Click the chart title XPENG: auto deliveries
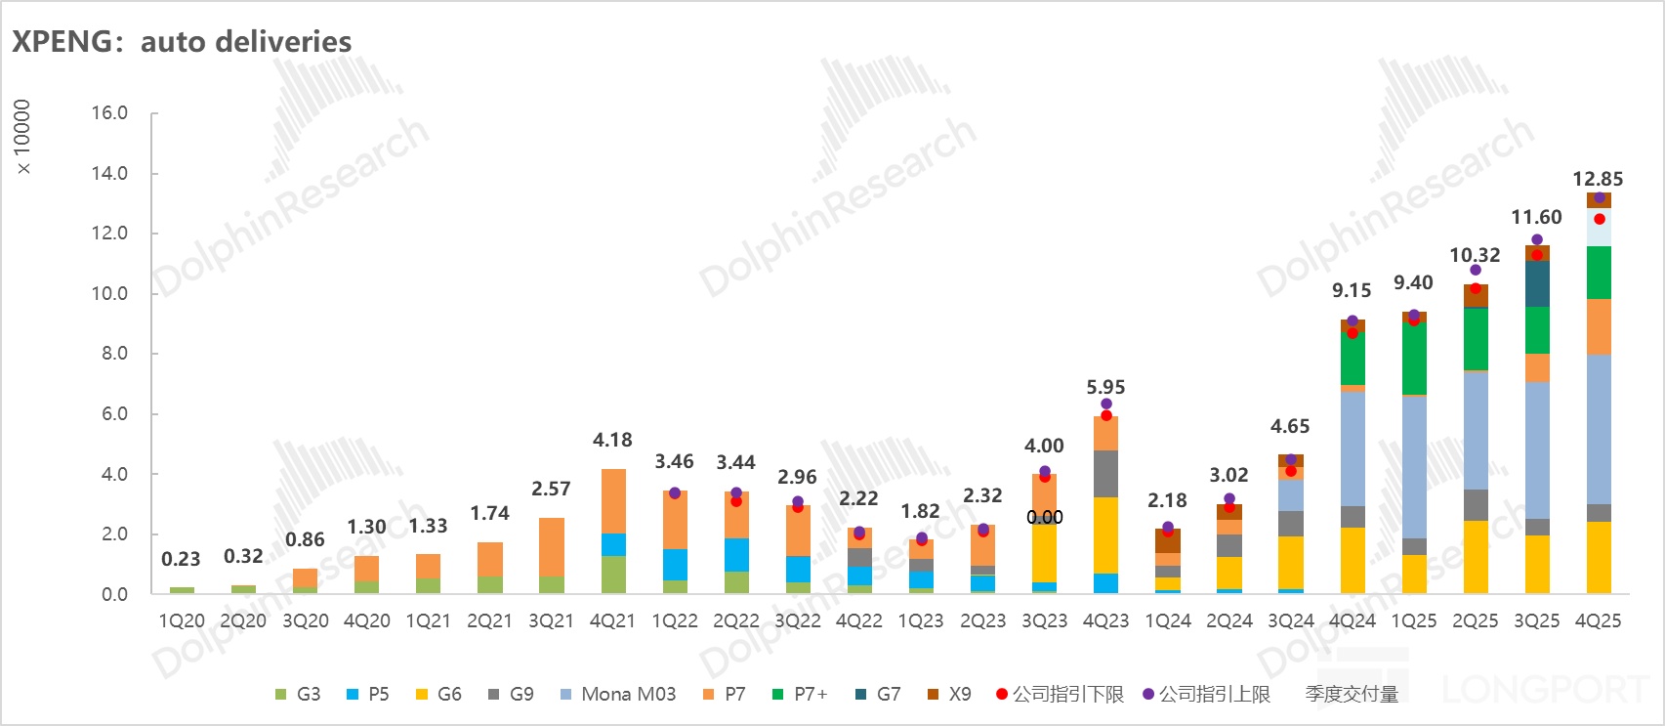coord(182,42)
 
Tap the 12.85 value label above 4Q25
coord(1598,179)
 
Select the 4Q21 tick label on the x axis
coord(612,621)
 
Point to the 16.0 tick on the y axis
coord(109,113)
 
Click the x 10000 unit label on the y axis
coord(22,137)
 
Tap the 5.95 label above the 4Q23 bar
coord(1105,387)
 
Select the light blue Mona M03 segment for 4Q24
coord(1353,449)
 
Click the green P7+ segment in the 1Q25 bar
coord(1414,358)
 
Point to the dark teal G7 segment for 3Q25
coord(1537,284)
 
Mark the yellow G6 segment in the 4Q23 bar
coord(1105,535)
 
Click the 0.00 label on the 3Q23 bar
coord(1044,517)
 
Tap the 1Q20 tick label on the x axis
coord(182,621)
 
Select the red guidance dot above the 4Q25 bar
coord(1599,219)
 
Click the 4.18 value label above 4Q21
coord(612,441)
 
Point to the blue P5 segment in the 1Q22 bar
coord(675,565)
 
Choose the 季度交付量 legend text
coord(1352,695)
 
